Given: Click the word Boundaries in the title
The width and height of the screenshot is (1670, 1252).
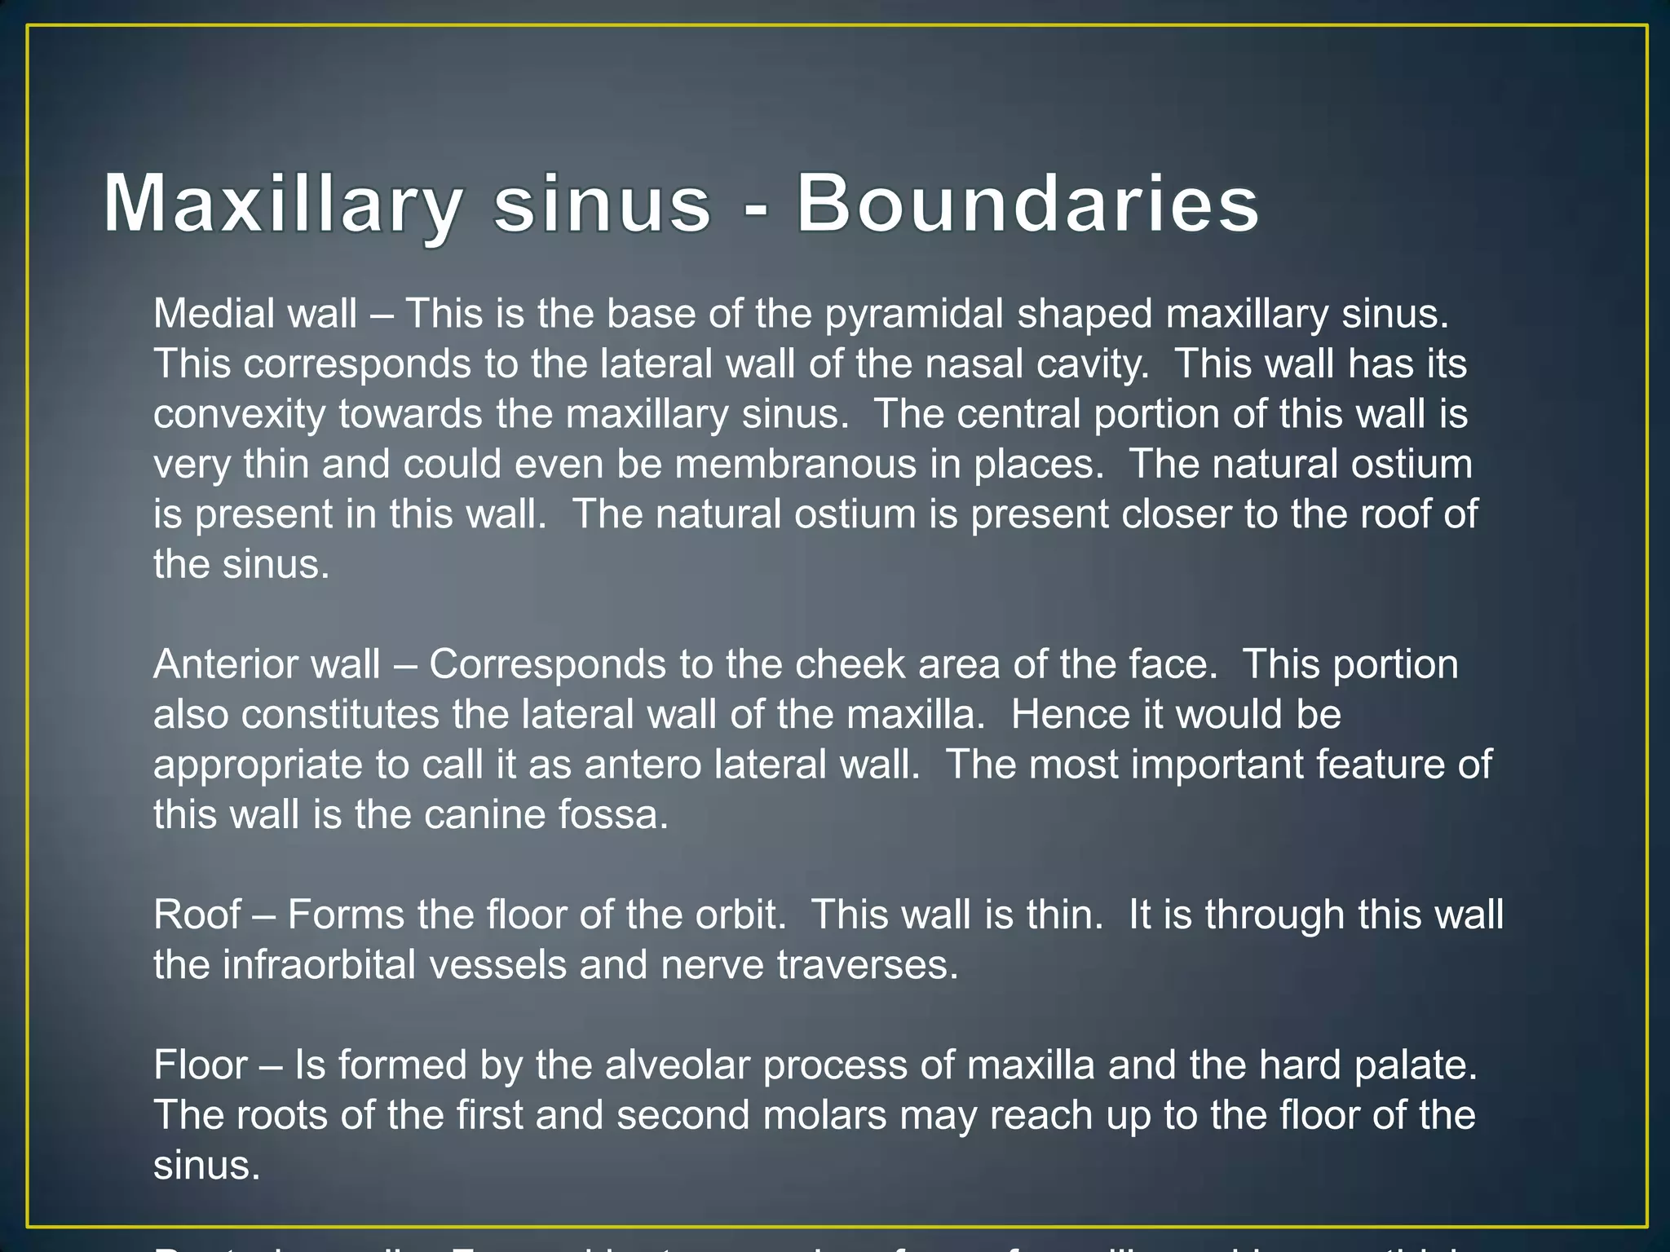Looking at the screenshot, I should coord(1027,204).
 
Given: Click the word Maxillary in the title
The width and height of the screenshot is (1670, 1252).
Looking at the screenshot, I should coord(282,204).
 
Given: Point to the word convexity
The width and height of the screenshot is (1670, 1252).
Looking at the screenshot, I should coord(240,415).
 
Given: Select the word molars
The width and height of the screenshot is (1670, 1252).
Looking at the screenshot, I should coord(824,1116).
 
